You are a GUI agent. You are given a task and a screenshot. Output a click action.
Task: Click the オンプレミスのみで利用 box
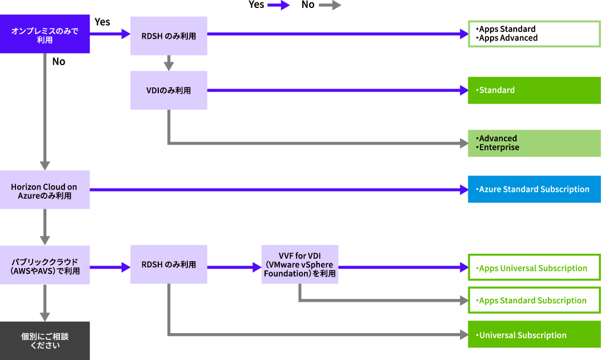tap(45, 34)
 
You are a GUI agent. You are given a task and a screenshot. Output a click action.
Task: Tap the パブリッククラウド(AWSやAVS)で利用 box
tap(45, 265)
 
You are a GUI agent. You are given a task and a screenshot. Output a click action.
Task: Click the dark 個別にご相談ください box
tap(45, 341)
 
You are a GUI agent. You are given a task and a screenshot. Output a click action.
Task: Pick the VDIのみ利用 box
tap(169, 90)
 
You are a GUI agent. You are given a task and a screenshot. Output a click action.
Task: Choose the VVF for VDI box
tap(300, 265)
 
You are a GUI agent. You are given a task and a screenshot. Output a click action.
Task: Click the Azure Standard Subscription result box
tap(534, 189)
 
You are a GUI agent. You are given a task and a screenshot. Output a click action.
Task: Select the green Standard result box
tap(534, 90)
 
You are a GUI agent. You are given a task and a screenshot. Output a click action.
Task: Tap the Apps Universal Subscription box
tap(534, 268)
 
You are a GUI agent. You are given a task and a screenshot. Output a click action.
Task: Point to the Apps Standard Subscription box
tap(534, 301)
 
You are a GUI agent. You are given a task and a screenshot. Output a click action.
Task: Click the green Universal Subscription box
tap(534, 335)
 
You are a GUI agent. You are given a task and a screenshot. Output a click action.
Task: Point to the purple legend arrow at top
tap(279, 5)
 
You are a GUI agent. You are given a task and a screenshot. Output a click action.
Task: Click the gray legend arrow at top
tap(330, 5)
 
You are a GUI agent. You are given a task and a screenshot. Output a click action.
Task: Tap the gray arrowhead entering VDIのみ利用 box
tap(169, 66)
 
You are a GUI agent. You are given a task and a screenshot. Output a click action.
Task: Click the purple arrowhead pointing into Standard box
tap(463, 90)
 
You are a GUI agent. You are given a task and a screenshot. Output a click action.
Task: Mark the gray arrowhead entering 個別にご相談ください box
tap(45, 317)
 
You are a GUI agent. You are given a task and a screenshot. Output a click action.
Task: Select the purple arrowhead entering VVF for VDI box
tap(257, 267)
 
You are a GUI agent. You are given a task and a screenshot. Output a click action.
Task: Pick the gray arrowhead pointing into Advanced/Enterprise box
tap(463, 143)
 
